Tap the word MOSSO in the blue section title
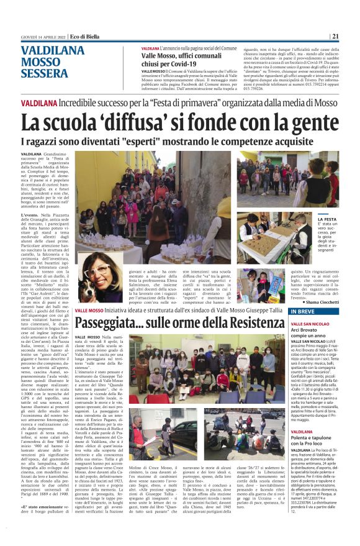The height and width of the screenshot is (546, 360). click(41, 62)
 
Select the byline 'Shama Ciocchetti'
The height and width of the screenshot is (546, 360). click(321, 302)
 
